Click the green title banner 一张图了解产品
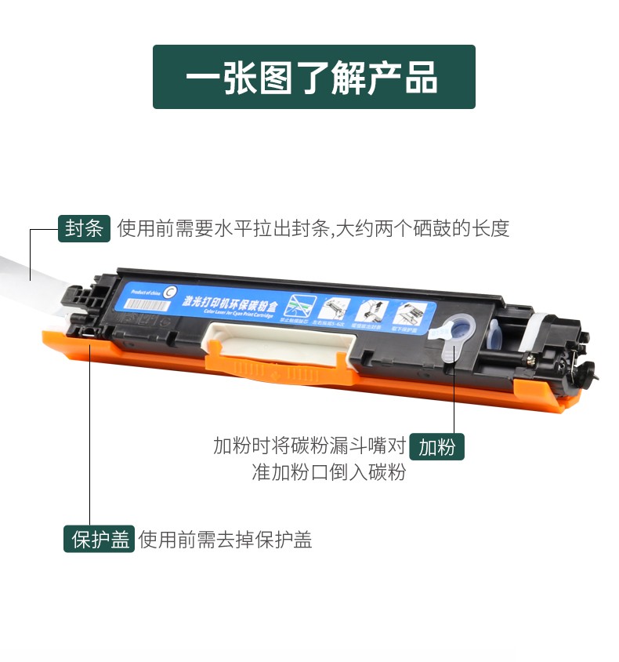[313, 77]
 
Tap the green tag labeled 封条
[84, 228]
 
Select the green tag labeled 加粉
[436, 447]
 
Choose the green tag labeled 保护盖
[100, 540]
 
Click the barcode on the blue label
[147, 307]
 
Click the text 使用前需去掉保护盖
[226, 540]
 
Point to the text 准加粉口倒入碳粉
[328, 473]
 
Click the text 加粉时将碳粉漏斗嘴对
[309, 446]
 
